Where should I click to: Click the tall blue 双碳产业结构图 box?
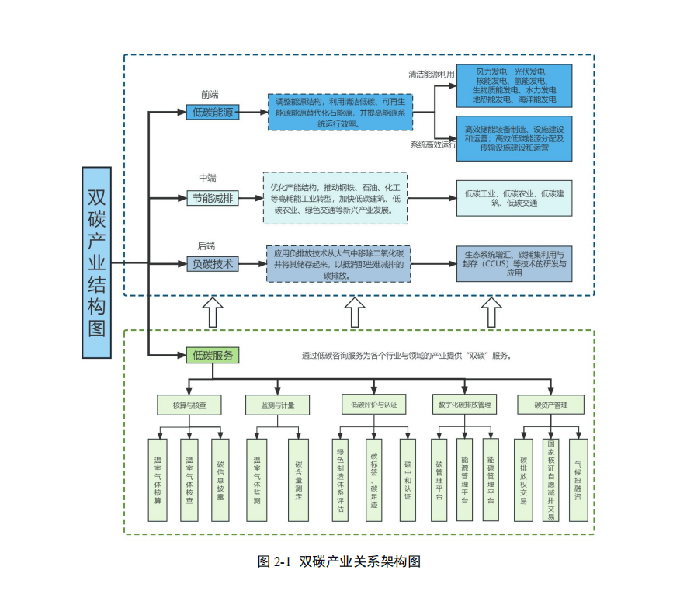click(96, 262)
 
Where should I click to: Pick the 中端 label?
click(207, 179)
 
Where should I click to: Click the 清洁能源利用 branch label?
click(432, 75)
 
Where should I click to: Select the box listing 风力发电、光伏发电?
click(514, 85)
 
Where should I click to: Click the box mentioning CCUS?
click(514, 263)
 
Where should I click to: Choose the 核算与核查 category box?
click(190, 405)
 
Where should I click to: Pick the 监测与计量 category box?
click(277, 405)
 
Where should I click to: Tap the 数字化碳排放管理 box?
click(464, 405)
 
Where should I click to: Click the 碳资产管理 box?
click(551, 405)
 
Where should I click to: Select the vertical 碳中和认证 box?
click(408, 480)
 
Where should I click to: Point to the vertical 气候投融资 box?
click(578, 480)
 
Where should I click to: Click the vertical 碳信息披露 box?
click(220, 480)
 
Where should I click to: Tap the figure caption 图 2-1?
click(338, 561)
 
